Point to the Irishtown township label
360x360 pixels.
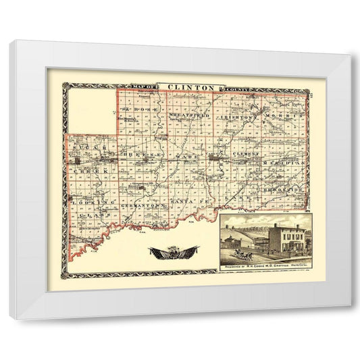236,117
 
